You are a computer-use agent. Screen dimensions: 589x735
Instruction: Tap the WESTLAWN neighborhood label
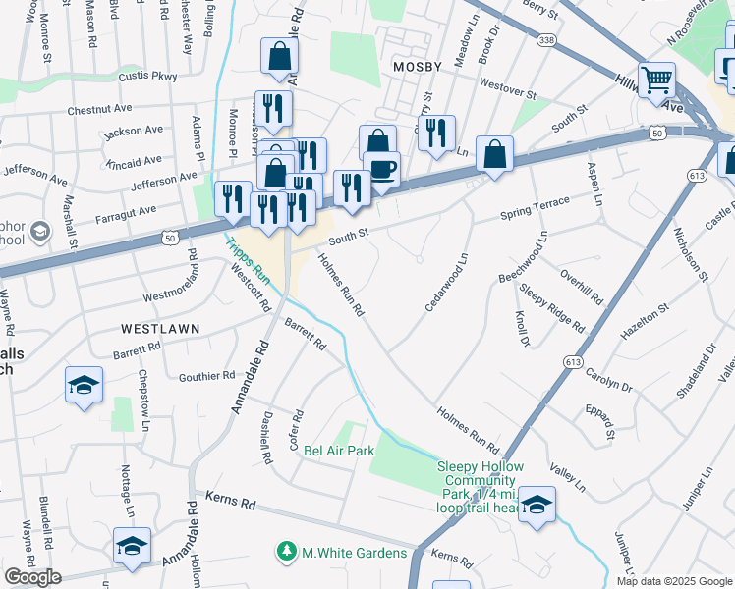click(160, 328)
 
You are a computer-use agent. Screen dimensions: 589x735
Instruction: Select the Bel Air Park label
click(339, 451)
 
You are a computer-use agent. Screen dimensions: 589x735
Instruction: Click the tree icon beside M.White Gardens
click(287, 553)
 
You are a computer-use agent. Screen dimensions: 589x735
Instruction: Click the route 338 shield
click(547, 40)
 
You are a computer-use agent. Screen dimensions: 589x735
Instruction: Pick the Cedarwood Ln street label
click(448, 283)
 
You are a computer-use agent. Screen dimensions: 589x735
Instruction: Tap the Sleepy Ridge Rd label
click(551, 308)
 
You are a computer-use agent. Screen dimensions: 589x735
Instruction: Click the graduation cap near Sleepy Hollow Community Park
click(537, 507)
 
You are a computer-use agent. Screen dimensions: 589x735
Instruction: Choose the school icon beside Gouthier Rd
click(85, 386)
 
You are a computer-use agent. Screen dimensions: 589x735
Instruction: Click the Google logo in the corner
click(32, 576)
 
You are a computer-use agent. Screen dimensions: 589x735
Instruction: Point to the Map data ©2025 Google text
click(673, 581)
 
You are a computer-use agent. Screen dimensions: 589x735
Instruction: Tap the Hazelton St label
click(645, 322)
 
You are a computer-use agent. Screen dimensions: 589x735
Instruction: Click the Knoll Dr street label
click(523, 331)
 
